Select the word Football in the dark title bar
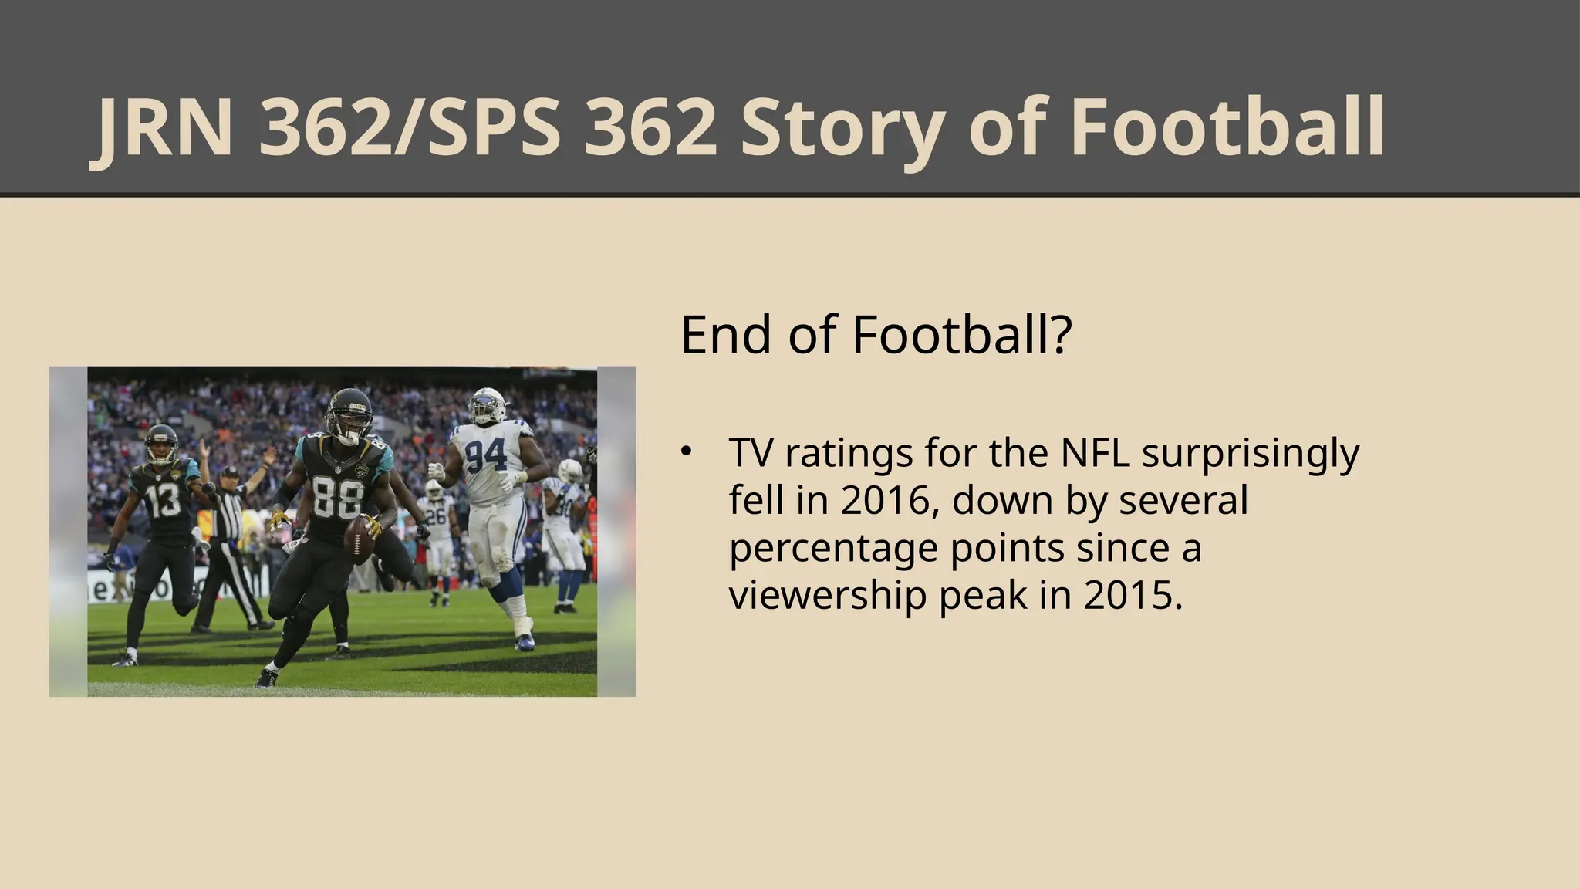(1227, 128)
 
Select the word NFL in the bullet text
(1096, 453)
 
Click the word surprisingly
(1250, 455)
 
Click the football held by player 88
(359, 535)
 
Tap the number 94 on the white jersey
(486, 455)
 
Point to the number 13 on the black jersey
(164, 501)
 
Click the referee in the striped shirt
(228, 525)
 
